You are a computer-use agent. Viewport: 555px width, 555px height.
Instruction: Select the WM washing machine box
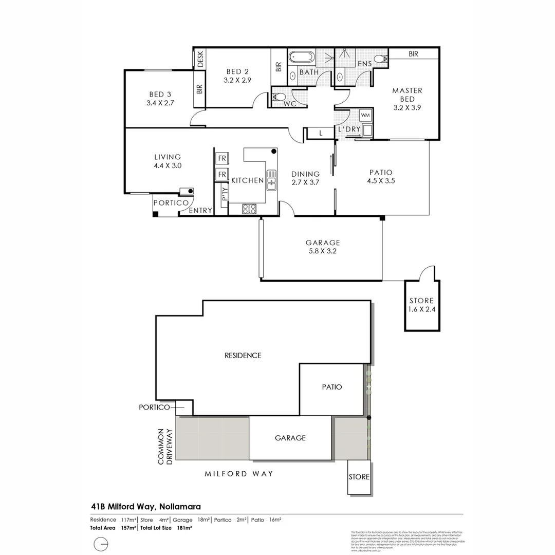point(366,115)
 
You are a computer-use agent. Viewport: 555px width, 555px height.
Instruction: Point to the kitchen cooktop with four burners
point(249,209)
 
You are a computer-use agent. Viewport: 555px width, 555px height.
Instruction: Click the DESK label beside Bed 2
point(200,59)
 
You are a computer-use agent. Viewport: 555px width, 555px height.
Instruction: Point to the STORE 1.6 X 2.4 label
point(421,305)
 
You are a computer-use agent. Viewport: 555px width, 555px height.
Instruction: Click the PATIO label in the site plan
point(332,387)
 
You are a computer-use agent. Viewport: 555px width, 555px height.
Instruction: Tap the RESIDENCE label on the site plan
point(243,355)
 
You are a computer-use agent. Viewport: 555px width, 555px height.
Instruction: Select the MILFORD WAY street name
point(238,474)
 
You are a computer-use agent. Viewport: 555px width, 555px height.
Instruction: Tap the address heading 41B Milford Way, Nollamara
point(145,506)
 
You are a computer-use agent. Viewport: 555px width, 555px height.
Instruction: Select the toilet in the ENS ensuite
point(380,59)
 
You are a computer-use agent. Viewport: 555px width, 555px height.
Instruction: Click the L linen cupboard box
point(320,133)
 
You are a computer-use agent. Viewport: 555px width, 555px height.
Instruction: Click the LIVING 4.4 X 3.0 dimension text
point(168,165)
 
